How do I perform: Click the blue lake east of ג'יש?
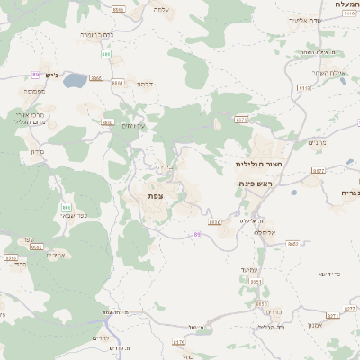tap(74, 80)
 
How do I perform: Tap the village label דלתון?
tap(144, 84)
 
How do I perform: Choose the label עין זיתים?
tap(133, 125)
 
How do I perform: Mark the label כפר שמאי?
tap(75, 215)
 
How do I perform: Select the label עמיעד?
tap(250, 269)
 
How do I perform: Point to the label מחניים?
tap(317, 142)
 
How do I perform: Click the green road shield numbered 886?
tap(106, 55)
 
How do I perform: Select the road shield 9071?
tap(241, 119)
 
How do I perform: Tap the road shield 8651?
tap(256, 282)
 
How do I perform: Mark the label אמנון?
tap(316, 324)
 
